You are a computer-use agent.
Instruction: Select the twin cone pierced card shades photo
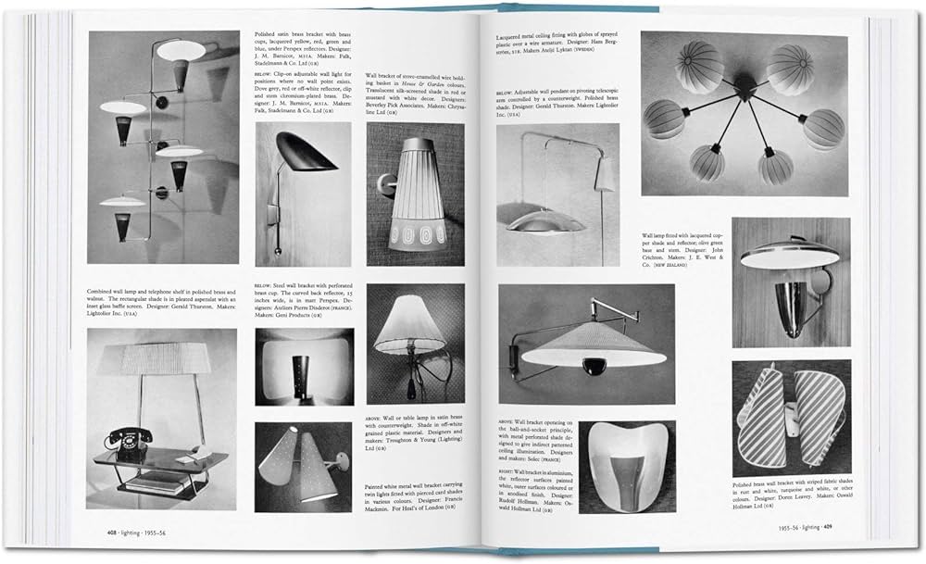tap(303, 467)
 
